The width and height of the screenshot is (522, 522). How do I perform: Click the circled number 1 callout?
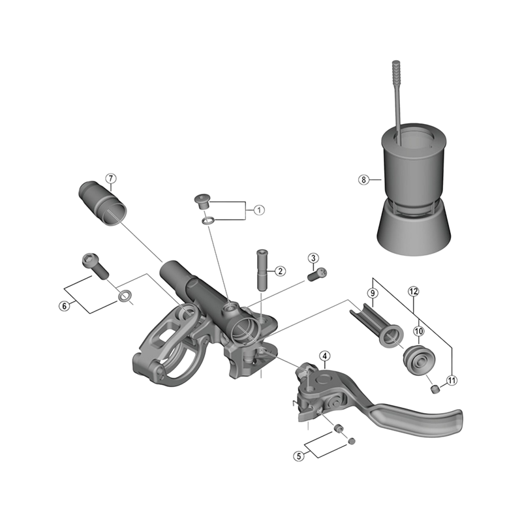[259, 210]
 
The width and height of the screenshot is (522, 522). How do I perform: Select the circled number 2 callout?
[279, 270]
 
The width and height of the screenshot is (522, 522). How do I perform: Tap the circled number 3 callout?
[313, 258]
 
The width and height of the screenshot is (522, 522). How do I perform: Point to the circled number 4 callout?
[324, 356]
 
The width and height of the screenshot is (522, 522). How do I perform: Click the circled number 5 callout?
[299, 457]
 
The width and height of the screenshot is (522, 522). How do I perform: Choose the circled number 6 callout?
[64, 305]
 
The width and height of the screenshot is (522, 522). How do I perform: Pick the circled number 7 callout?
[111, 178]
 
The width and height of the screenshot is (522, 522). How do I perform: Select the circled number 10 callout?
[418, 332]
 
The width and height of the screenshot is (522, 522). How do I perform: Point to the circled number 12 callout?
[413, 291]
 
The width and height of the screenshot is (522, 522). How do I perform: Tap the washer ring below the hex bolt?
[125, 297]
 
